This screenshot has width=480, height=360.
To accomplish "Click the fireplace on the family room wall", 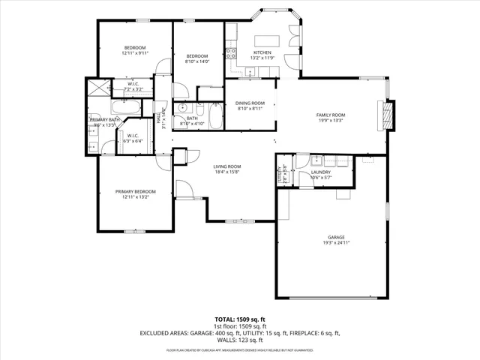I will coord(388,114).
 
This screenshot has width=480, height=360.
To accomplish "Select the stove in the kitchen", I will coord(232,52).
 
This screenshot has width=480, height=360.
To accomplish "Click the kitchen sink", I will coord(250,73).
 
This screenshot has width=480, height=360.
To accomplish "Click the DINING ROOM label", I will coord(250,103).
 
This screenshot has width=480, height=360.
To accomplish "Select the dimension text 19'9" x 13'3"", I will coord(329,120).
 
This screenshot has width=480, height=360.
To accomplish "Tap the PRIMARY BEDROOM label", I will coord(135,192).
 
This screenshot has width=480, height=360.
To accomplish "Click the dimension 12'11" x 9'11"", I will coord(136,53).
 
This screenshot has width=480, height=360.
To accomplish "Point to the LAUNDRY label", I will coord(321,172).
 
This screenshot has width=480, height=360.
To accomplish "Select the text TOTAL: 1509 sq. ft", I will coord(239,319).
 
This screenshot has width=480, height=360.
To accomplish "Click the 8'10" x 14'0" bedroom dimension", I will coord(197,61).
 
